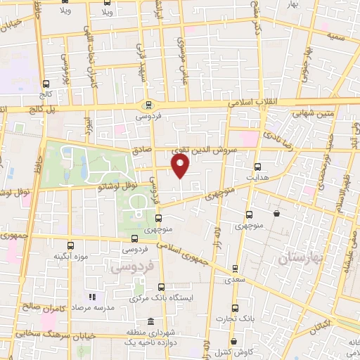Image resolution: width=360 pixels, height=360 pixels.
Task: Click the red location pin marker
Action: click(181, 166)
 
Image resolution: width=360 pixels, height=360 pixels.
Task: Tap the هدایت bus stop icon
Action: click(257, 167)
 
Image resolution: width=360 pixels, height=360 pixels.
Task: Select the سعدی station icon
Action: click(235, 268)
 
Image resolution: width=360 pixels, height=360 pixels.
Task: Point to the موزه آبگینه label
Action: click(70, 257)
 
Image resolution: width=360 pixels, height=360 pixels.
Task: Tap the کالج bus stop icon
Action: click(46, 84)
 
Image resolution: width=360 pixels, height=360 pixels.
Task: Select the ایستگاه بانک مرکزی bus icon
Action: click(162, 287)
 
